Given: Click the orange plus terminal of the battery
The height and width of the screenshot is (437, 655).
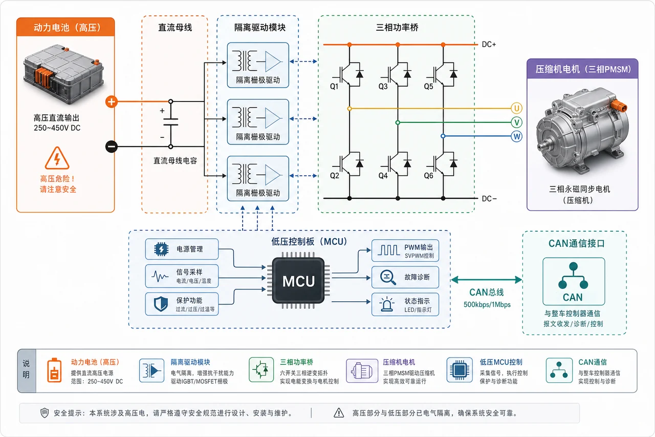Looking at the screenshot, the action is pos(112,102).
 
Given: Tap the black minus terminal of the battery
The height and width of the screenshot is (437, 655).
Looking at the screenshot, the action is pos(112,147).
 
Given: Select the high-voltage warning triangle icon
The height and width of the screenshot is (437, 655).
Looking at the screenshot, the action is pos(57,158).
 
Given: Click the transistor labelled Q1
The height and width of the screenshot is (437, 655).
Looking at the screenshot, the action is pos(350,74).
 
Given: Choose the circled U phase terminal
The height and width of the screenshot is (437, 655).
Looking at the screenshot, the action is pos(516,108).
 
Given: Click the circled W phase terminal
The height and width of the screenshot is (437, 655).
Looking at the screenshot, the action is pos(516,136).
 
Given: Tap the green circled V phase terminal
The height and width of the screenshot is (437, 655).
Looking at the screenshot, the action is pos(516,122).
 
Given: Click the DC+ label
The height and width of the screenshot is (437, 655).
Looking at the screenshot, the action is pos(489,45).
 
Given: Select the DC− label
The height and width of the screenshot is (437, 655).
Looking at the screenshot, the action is pos(489,199).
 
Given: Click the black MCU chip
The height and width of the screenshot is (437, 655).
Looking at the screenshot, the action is pos(298,280).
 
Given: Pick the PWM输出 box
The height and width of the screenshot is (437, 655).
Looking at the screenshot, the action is pos(405,251).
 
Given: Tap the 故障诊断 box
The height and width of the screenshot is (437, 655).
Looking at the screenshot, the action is pos(405,277).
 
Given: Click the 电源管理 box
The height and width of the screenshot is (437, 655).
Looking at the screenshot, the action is pos(182,249).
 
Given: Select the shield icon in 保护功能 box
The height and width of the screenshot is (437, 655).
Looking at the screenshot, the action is pos(161,304).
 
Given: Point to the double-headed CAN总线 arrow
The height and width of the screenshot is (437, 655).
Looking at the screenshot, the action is pos(487,280).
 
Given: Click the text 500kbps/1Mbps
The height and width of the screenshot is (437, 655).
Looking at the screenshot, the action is pos(487,305).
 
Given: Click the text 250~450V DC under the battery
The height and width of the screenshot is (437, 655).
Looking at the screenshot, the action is pos(57,128).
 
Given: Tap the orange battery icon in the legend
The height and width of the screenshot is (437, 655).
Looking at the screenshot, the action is pos(54,370).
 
